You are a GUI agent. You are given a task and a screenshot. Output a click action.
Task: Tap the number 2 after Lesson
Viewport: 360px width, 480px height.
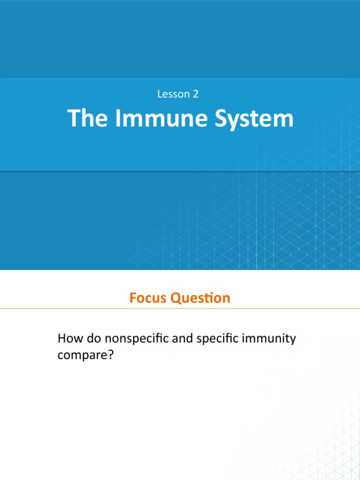[195, 94]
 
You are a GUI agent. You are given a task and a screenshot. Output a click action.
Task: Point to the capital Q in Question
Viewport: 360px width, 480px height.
[177, 299]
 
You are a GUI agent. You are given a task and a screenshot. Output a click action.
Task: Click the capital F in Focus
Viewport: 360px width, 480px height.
[133, 298]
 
